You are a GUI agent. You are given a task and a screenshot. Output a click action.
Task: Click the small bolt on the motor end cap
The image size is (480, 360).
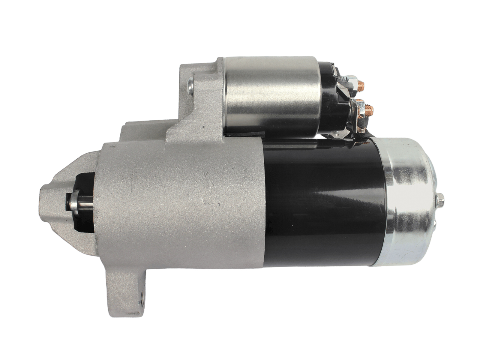tap(441, 200)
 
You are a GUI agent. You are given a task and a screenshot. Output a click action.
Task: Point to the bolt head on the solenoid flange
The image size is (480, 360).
tap(190, 86)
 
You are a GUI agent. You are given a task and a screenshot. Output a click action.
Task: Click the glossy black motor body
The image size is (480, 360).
tap(324, 204)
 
